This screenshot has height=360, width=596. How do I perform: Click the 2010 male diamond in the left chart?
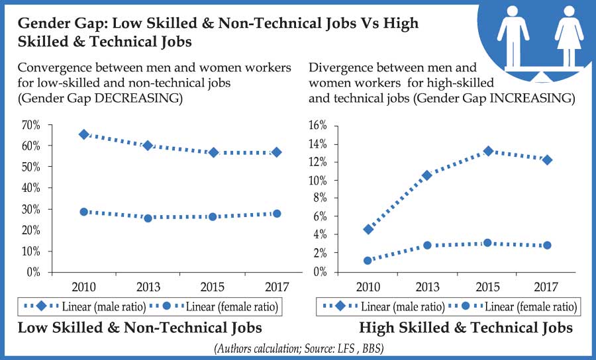click(84, 134)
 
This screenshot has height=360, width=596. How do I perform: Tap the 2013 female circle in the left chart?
click(148, 218)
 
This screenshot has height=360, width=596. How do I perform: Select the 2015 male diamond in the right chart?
click(488, 151)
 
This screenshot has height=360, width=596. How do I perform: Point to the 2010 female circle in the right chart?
click(368, 261)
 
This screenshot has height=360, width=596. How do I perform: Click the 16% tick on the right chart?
click(319, 126)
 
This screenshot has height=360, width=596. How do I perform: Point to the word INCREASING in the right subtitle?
click(533, 98)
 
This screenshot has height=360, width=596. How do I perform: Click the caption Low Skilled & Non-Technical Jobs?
click(139, 328)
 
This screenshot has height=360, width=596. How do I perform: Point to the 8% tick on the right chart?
click(321, 199)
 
